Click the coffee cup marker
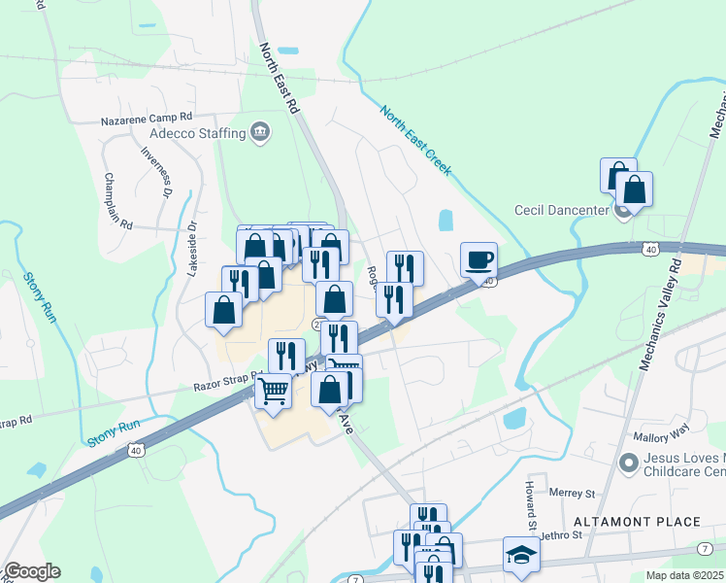pos(478,260)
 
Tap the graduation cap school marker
pos(521,555)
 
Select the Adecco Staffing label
pos(194,132)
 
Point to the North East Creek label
pos(415,141)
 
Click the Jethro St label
pos(560,534)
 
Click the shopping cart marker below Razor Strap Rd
pos(274,392)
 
